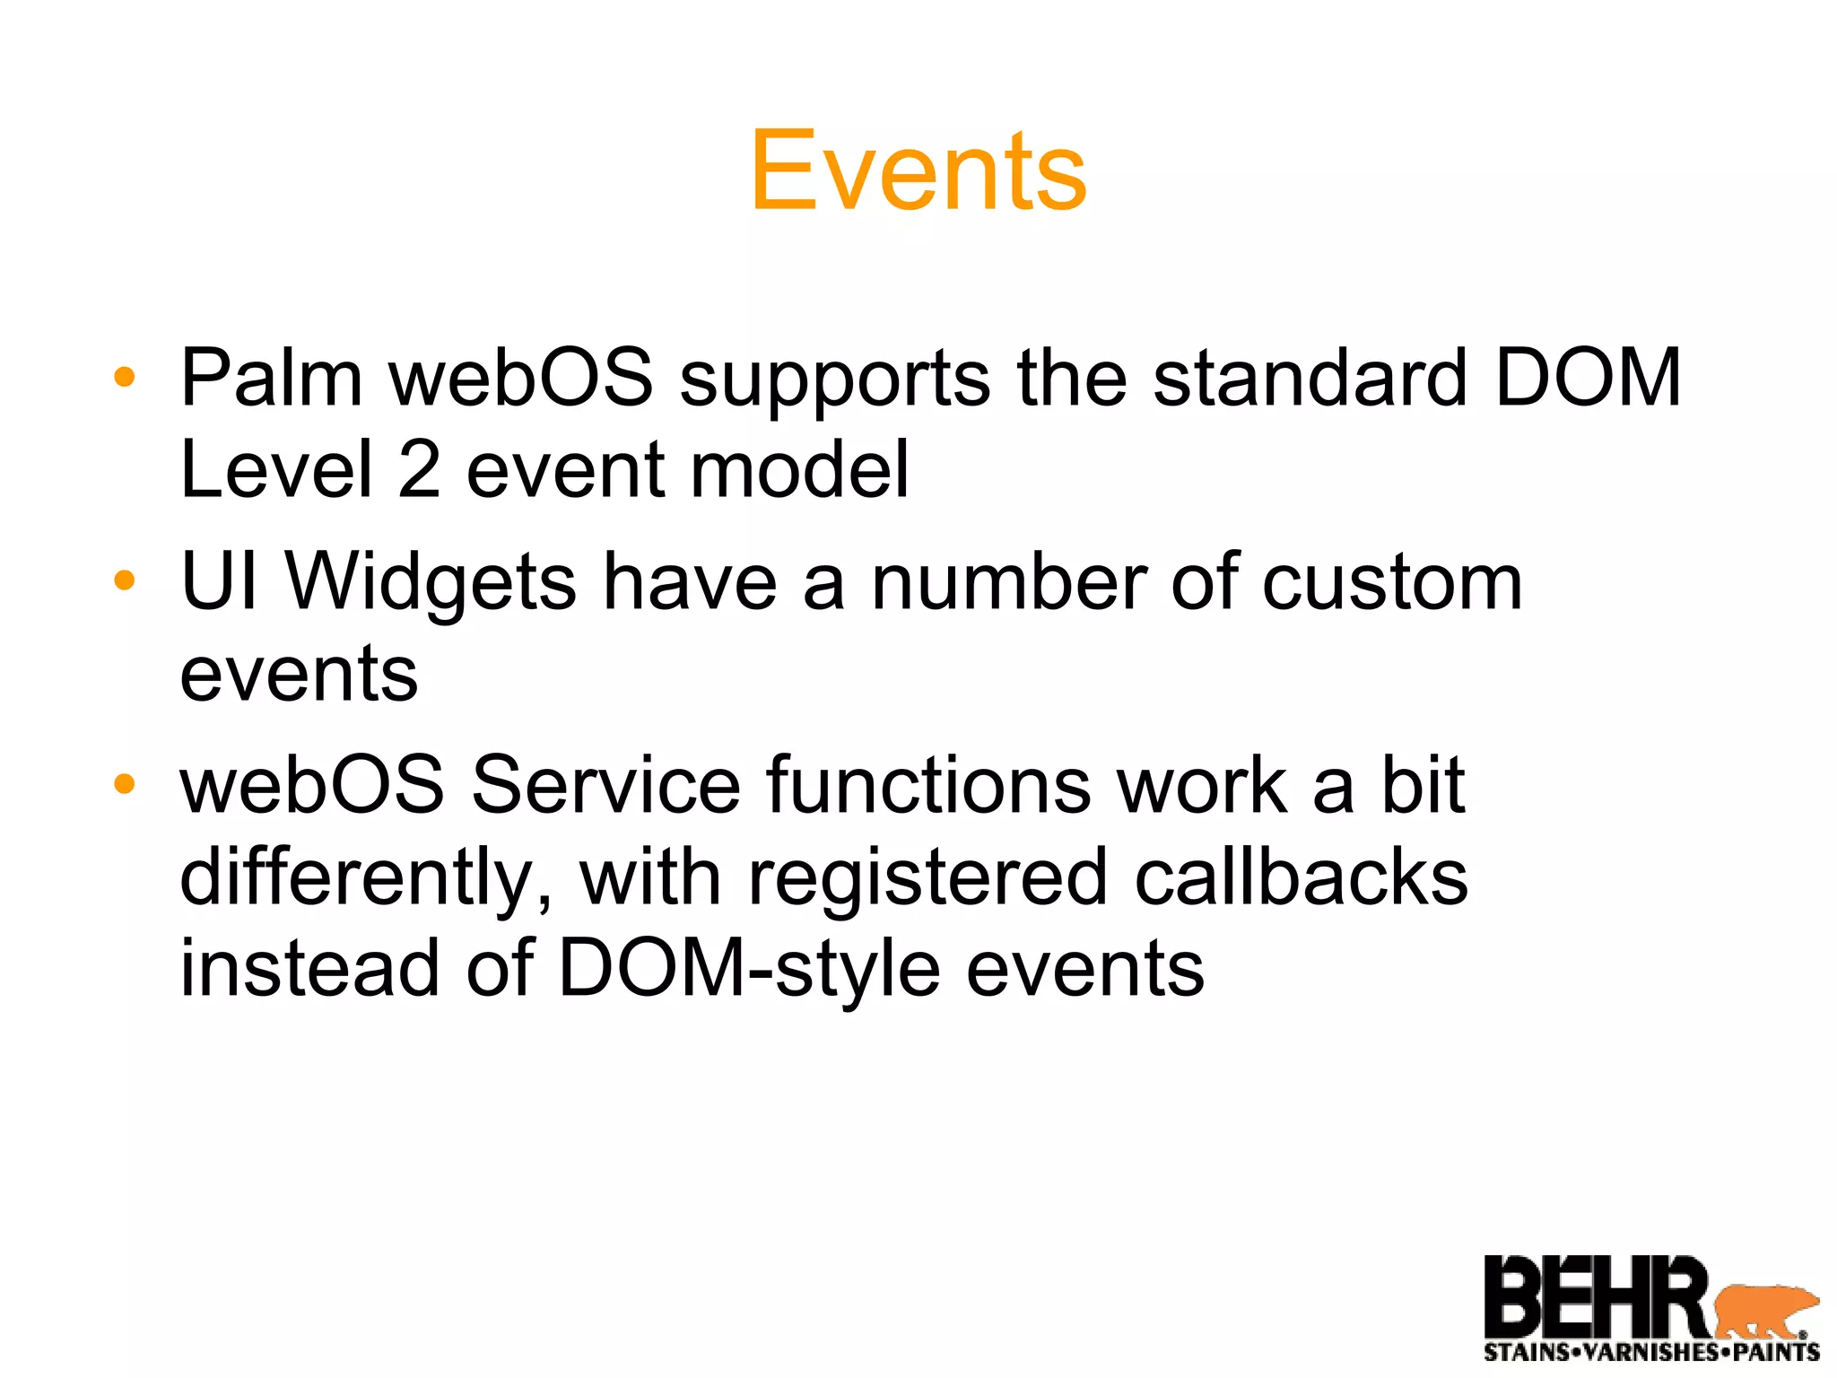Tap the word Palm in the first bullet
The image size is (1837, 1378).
(271, 379)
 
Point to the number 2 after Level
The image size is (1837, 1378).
(419, 470)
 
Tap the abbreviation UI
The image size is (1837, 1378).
(220, 583)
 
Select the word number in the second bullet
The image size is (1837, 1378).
(1009, 583)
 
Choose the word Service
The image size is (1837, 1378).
(605, 786)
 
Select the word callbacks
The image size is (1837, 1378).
(1301, 877)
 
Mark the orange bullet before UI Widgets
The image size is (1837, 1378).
(125, 580)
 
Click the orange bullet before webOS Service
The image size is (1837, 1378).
(125, 784)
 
